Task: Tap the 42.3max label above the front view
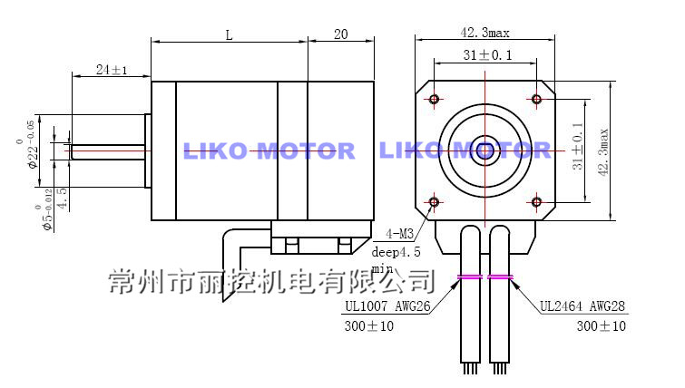pos(485,32)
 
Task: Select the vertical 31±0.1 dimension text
pos(577,150)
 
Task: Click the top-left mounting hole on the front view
pos(435,99)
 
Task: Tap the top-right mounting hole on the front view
pos(536,99)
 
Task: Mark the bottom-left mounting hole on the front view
pos(435,200)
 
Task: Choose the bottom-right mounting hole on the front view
pos(536,200)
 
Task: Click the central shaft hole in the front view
pos(485,150)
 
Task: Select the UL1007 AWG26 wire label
pos(387,306)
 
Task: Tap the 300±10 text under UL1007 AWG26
pos(369,326)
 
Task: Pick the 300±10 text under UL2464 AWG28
pos(601,326)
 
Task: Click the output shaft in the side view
pos(104,150)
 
